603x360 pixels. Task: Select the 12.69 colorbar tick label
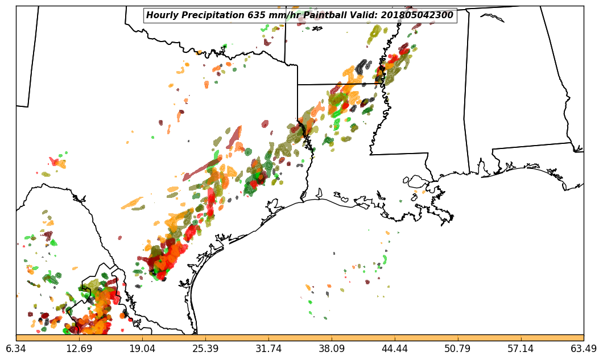coord(79,349)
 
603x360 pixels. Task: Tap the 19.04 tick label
coord(142,349)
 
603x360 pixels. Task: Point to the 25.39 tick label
coord(205,349)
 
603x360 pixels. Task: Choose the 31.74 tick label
coord(269,349)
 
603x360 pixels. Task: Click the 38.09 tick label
coord(332,349)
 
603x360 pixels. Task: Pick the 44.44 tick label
coord(395,349)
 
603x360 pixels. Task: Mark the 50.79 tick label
coord(457,349)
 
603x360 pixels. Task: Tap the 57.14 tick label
coord(521,349)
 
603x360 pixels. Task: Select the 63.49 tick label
coord(584,349)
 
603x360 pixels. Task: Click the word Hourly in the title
coord(162,15)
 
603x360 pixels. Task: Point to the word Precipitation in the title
coord(211,15)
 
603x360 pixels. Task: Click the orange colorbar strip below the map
coord(300,338)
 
